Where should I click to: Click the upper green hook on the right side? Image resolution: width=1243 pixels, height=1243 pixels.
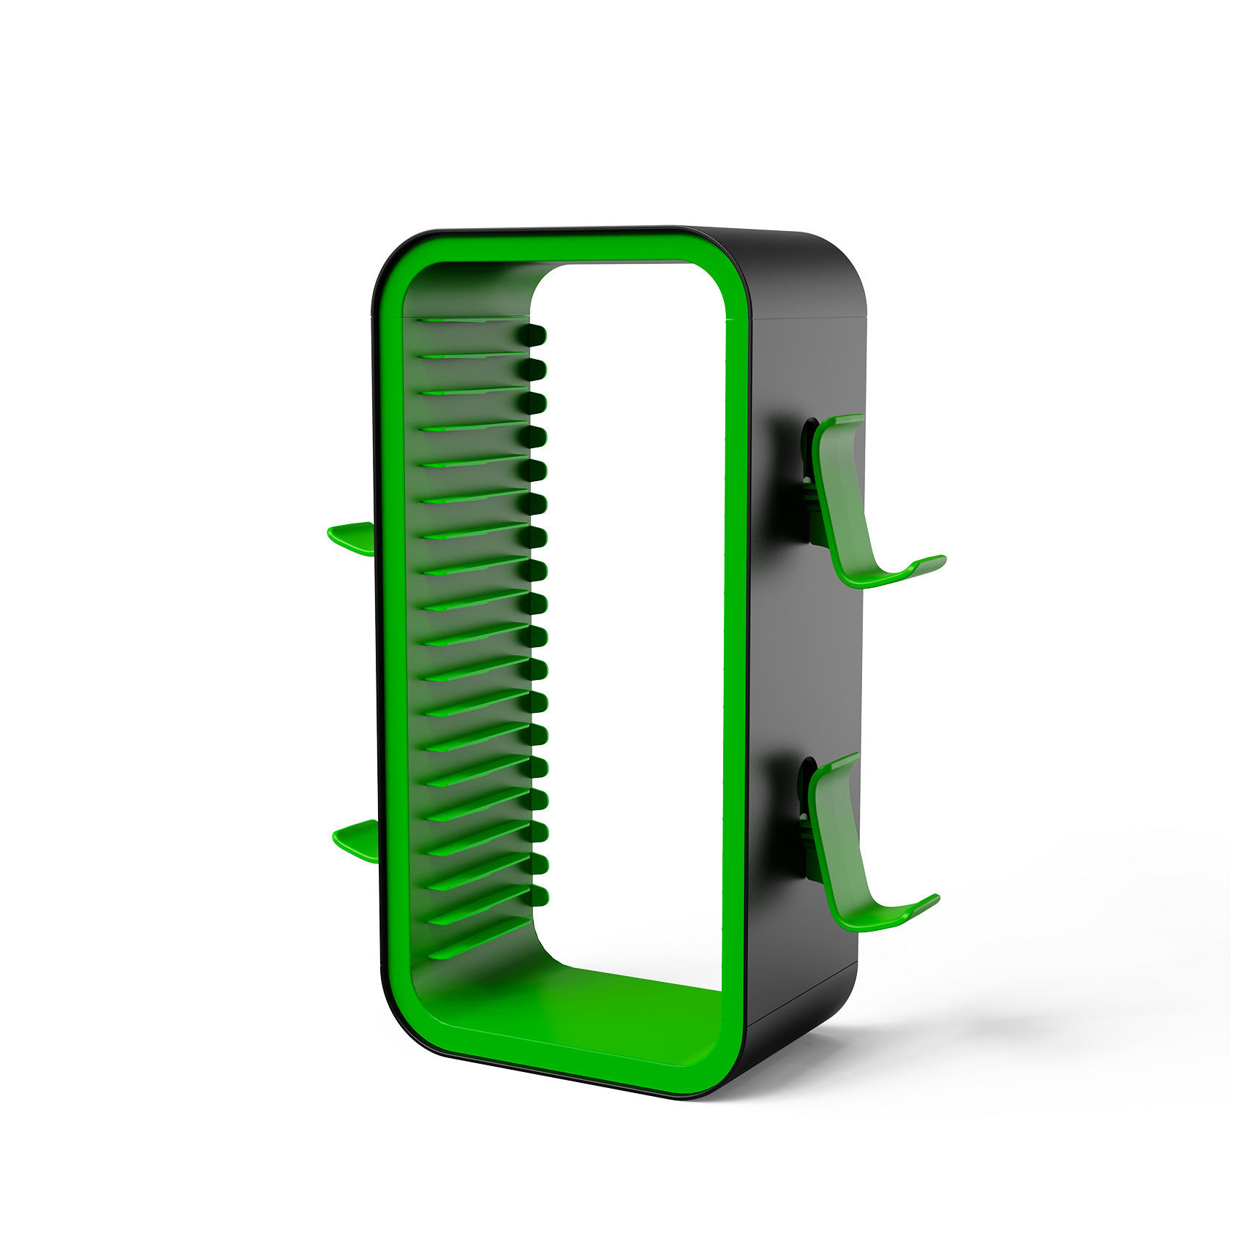[x=848, y=505]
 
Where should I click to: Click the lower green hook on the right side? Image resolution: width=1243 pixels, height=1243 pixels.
[x=841, y=841]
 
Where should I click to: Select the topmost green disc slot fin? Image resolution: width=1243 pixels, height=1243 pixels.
[x=468, y=320]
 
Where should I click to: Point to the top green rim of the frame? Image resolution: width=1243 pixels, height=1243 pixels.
[x=556, y=249]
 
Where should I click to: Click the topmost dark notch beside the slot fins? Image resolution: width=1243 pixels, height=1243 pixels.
[x=535, y=335]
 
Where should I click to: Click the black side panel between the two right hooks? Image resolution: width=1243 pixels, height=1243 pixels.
[x=804, y=658]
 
